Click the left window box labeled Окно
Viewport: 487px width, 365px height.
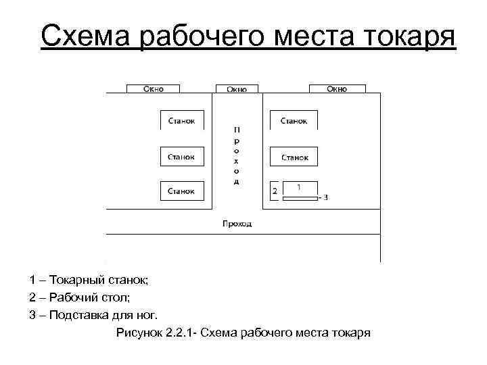[x=154, y=89]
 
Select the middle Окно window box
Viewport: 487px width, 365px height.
[x=236, y=89]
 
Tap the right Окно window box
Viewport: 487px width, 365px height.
[x=337, y=89]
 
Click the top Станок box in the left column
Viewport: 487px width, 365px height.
[x=181, y=120]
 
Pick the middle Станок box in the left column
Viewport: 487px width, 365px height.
[x=181, y=156]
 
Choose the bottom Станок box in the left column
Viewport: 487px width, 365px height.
[x=181, y=191]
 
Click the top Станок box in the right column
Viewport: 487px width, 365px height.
[x=294, y=120]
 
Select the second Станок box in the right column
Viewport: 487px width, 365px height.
[x=294, y=156]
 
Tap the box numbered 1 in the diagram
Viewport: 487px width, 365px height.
[x=300, y=187]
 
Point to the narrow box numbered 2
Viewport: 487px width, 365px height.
[x=275, y=191]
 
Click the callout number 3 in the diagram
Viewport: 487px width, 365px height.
[x=325, y=197]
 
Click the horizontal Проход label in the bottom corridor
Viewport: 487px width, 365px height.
[x=237, y=223]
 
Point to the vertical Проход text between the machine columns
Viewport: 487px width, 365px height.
[x=236, y=155]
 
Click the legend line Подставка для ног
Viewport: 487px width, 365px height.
[x=93, y=314]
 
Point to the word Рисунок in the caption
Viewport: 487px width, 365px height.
[x=139, y=333]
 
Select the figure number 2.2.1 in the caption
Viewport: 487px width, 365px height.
[x=179, y=333]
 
